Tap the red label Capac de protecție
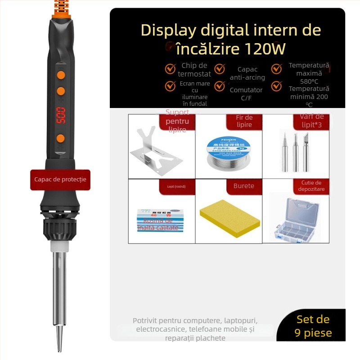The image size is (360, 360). (x=60, y=180)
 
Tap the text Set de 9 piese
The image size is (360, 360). (x=313, y=326)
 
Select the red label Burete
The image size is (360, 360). (x=243, y=186)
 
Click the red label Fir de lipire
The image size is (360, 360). (x=244, y=121)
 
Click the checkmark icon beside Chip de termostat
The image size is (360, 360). (x=170, y=69)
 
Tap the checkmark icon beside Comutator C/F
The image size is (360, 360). (x=220, y=85)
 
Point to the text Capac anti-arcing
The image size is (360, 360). (x=247, y=73)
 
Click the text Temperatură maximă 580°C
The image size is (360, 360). (x=309, y=73)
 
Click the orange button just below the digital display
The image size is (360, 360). (x=61, y=138)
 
